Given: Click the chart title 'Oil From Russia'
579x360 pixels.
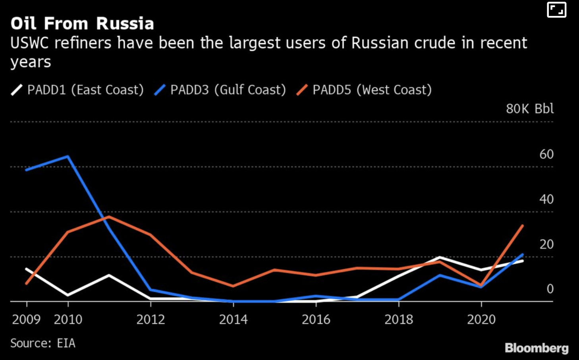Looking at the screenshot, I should (82, 24).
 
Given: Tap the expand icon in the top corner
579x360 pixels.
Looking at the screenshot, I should (556, 10).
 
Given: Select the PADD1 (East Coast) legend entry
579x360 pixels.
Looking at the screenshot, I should (77, 90).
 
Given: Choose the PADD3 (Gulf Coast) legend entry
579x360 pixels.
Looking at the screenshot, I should (220, 90).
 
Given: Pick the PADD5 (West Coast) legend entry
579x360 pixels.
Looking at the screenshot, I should (365, 90).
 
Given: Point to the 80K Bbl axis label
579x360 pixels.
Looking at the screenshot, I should (529, 109).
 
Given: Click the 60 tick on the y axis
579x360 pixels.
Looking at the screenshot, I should (546, 154).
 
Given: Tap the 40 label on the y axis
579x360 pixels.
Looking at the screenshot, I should (546, 199).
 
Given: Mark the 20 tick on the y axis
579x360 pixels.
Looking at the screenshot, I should (546, 244).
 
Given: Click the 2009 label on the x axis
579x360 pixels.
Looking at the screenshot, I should (26, 319).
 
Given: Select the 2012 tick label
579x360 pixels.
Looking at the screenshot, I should (151, 319).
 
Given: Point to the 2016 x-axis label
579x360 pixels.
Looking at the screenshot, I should (316, 319).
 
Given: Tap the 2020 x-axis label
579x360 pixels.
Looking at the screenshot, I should (481, 319).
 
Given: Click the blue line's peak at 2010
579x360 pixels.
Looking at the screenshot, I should (68, 156).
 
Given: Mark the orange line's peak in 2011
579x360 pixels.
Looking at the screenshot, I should (109, 217).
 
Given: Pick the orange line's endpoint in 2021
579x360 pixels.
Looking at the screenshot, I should (523, 226).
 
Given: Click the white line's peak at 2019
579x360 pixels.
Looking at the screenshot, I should (440, 257).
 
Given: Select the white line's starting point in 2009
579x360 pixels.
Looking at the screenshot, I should (26, 269).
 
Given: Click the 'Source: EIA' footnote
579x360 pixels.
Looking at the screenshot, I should (42, 343).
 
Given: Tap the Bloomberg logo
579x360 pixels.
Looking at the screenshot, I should (537, 348).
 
